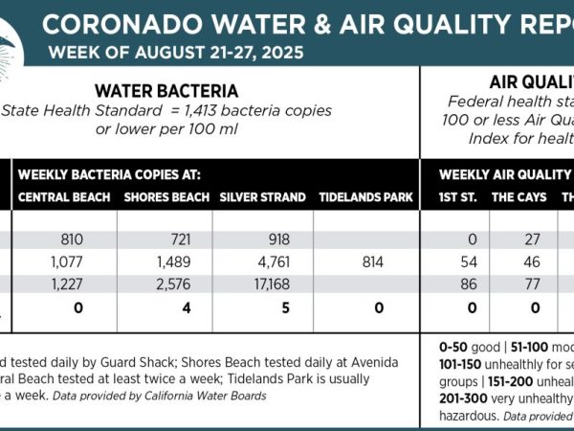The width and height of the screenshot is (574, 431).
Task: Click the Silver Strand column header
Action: pyautogui.click(x=263, y=198)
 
